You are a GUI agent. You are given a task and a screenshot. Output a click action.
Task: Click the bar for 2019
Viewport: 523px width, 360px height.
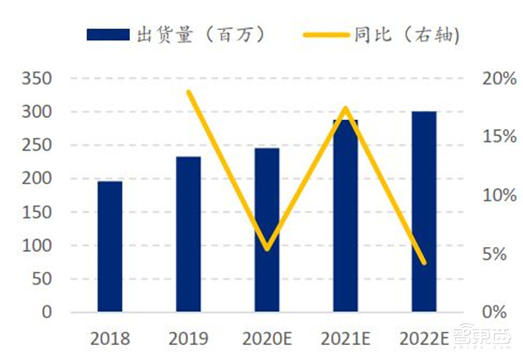[x=188, y=233]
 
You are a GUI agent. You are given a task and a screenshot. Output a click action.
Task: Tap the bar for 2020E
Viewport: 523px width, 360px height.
[x=267, y=229]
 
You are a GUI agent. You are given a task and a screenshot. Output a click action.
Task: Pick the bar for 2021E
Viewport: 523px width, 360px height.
[x=345, y=216]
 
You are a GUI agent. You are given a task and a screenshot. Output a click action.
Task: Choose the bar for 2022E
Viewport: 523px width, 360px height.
[x=424, y=211]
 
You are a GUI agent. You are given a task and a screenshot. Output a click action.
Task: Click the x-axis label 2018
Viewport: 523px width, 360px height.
[x=110, y=338]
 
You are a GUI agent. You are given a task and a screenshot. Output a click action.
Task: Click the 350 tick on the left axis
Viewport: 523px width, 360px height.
[x=37, y=80]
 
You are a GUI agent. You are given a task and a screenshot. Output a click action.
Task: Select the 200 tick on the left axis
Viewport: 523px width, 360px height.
[x=37, y=179]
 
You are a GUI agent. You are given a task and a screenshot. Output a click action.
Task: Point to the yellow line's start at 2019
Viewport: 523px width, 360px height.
[x=188, y=91]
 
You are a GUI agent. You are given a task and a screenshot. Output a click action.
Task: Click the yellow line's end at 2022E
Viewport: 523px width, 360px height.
[x=424, y=263]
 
